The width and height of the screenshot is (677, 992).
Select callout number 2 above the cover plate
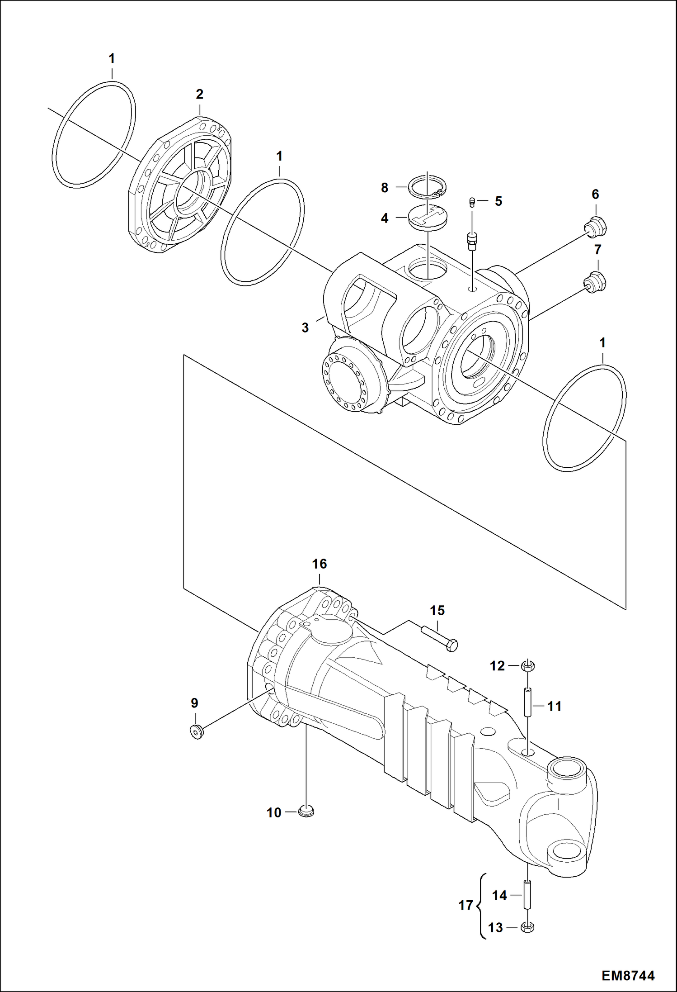(199, 94)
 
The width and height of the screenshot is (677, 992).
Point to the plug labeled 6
(596, 226)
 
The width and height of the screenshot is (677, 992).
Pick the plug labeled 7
(595, 282)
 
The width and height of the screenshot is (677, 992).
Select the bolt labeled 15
(439, 638)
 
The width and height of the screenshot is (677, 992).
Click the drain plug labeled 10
(306, 812)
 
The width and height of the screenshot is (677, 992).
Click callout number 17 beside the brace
(465, 905)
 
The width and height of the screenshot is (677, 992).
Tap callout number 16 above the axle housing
(319, 564)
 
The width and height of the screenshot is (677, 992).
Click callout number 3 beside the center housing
(305, 328)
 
